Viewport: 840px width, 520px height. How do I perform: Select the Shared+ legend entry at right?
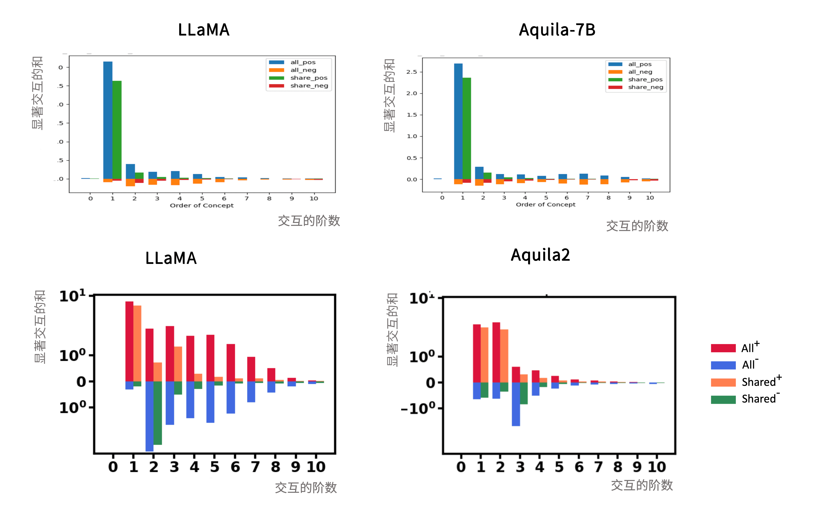[x=747, y=382]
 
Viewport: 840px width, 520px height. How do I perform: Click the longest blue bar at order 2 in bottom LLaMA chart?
[x=149, y=416]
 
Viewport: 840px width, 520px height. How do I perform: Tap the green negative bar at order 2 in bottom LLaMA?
[x=158, y=413]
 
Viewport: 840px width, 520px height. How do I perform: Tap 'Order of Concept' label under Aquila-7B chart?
[x=545, y=205]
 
